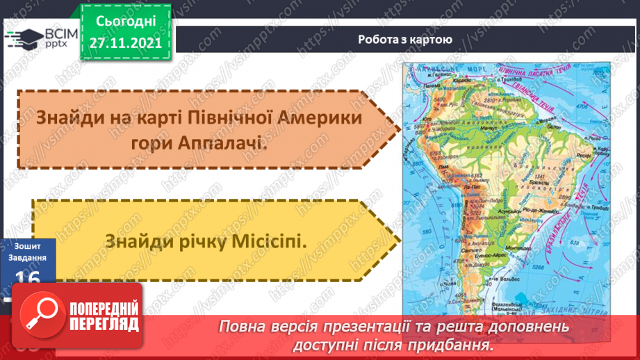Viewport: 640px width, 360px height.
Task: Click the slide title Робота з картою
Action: pyautogui.click(x=404, y=40)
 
